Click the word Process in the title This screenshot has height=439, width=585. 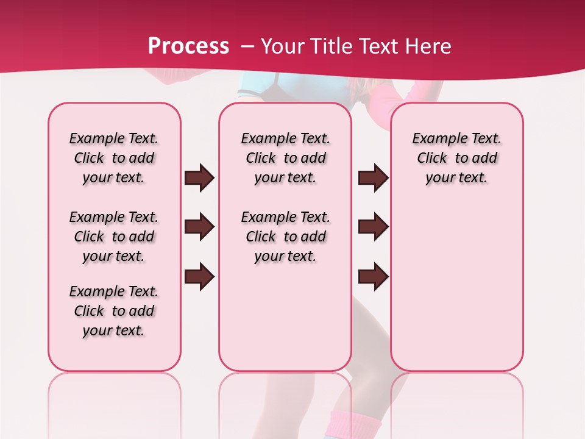pos(189,46)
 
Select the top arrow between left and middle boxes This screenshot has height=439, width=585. pos(199,178)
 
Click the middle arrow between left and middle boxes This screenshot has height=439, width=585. pos(199,227)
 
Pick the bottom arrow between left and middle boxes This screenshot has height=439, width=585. pos(199,276)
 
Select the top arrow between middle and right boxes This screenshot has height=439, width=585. pos(373,178)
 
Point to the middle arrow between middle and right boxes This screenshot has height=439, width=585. pos(373,227)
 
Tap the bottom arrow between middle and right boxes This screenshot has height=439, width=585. pos(373,276)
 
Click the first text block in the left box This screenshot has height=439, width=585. pos(114,158)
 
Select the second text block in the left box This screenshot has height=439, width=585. pos(114,237)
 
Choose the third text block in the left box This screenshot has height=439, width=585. pos(114,311)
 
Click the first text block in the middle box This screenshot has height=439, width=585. pos(286,158)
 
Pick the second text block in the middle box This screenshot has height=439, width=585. pos(286,237)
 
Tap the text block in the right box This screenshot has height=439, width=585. pos(457,158)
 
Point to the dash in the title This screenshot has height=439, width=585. pos(247,46)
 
